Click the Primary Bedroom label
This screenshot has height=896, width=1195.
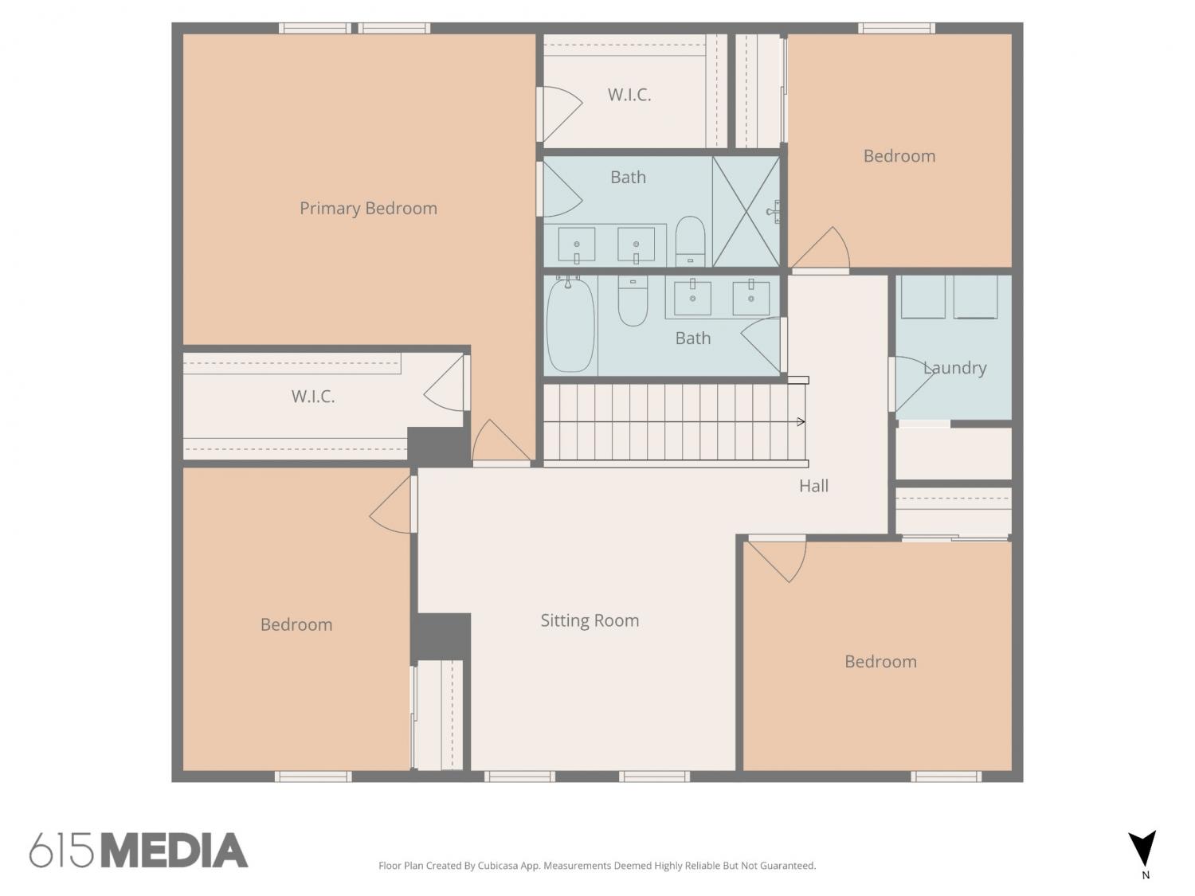368,209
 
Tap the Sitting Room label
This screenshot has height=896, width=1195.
590,620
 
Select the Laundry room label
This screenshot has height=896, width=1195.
954,368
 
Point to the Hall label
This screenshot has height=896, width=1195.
813,486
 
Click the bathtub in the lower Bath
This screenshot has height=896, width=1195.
570,325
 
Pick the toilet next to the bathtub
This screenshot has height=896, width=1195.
633,301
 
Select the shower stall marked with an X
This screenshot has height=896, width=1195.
746,212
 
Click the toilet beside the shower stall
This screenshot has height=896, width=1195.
690,241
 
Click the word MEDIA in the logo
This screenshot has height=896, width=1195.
174,851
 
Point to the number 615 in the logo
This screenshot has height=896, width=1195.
61,851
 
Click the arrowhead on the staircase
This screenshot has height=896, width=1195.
801,421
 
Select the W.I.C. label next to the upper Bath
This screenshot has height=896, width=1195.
629,95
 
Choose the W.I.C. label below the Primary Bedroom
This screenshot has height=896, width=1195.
313,397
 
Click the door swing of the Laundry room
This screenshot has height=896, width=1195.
912,384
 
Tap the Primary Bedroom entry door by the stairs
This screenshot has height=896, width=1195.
501,442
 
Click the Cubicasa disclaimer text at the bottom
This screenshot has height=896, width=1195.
597,866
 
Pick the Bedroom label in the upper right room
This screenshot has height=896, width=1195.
899,156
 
